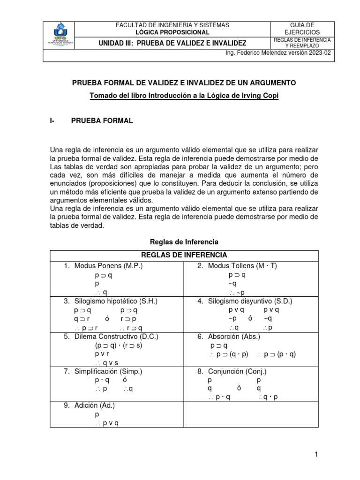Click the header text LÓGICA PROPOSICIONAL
point(172,32)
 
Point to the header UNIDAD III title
point(172,43)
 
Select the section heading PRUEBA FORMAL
point(102,121)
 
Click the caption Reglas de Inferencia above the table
point(184,242)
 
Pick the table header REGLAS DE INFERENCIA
point(184,255)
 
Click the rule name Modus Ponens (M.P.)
point(108,266)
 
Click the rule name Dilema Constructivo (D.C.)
point(116,337)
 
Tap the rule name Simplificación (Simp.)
point(108,371)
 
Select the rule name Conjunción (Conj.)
point(237,371)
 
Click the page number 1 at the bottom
point(316,454)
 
